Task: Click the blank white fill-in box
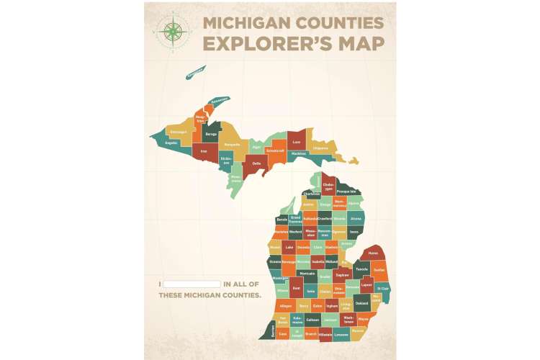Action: pos(192,284)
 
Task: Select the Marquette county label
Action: pos(232,144)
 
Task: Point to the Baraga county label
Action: pos(211,134)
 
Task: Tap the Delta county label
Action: pos(256,163)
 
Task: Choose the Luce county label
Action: pos(296,142)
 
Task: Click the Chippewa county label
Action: pos(320,148)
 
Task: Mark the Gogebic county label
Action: pos(171,143)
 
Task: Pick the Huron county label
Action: pos(373,253)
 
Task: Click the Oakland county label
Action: pos(361,304)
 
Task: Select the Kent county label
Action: pos(296,288)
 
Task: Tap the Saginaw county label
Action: pos(343,274)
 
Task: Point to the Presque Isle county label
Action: pos(347,192)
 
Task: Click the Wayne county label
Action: pos(363,318)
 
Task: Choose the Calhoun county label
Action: pos(312,319)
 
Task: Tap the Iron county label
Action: pos(204,152)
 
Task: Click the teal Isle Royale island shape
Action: pos(194,72)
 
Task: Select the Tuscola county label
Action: pos(361,268)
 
